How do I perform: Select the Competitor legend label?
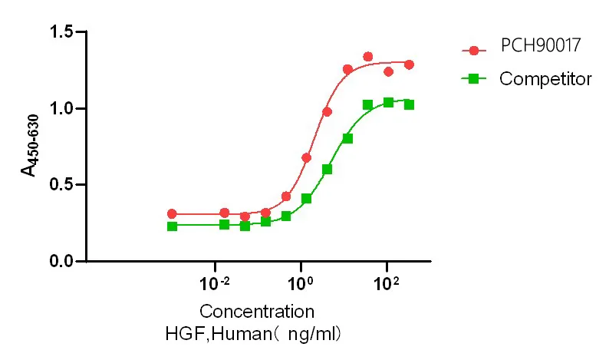coord(545,78)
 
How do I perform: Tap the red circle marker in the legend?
coord(474,51)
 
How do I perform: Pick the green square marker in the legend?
coord(474,78)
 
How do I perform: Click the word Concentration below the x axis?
coord(257,312)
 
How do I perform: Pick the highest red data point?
coord(368,57)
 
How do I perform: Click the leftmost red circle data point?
coord(172,214)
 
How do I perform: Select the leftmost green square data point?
coord(172,226)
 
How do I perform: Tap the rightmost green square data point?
coord(409,104)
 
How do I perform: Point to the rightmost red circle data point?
coord(409,64)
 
